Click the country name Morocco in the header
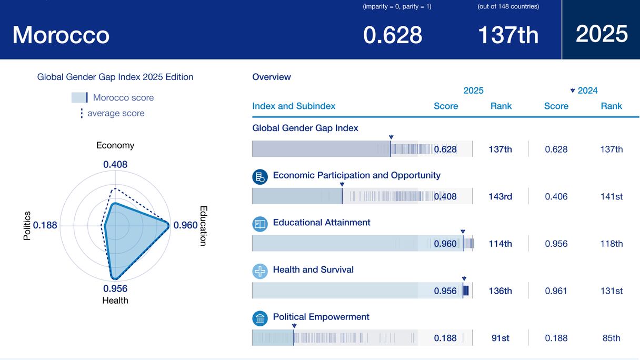click(61, 35)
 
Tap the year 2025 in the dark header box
click(602, 34)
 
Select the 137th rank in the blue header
click(508, 35)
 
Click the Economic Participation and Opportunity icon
click(260, 177)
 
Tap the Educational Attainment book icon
click(260, 224)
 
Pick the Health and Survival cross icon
click(260, 272)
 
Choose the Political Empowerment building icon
click(260, 318)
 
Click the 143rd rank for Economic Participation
click(500, 196)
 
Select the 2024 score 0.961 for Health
click(556, 291)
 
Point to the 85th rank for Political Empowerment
click(611, 338)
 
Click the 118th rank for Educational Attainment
click(611, 244)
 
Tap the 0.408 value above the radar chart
click(115, 164)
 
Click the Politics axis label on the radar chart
click(27, 226)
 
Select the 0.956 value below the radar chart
click(115, 288)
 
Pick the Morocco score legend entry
click(113, 97)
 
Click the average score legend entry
click(112, 113)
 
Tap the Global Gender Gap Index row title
click(305, 128)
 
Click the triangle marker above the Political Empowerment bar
click(294, 326)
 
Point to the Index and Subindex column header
click(294, 106)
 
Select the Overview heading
click(272, 77)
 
